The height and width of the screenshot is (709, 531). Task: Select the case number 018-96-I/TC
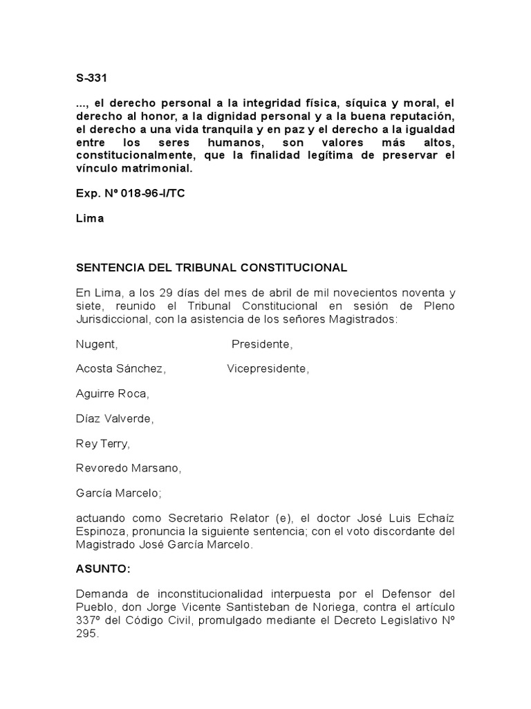[147, 193]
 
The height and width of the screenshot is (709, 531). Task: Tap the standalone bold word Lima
[90, 218]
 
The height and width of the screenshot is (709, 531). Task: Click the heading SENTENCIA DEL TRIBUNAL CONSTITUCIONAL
[212, 267]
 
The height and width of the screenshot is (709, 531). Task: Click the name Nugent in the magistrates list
[97, 344]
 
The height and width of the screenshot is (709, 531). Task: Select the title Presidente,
[262, 344]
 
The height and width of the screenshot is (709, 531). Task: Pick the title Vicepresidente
[268, 369]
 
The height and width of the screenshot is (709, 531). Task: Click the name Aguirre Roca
[112, 394]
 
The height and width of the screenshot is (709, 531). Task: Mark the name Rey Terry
[102, 444]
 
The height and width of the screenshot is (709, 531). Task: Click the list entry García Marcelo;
[118, 494]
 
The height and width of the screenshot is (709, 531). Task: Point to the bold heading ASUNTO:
[102, 569]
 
